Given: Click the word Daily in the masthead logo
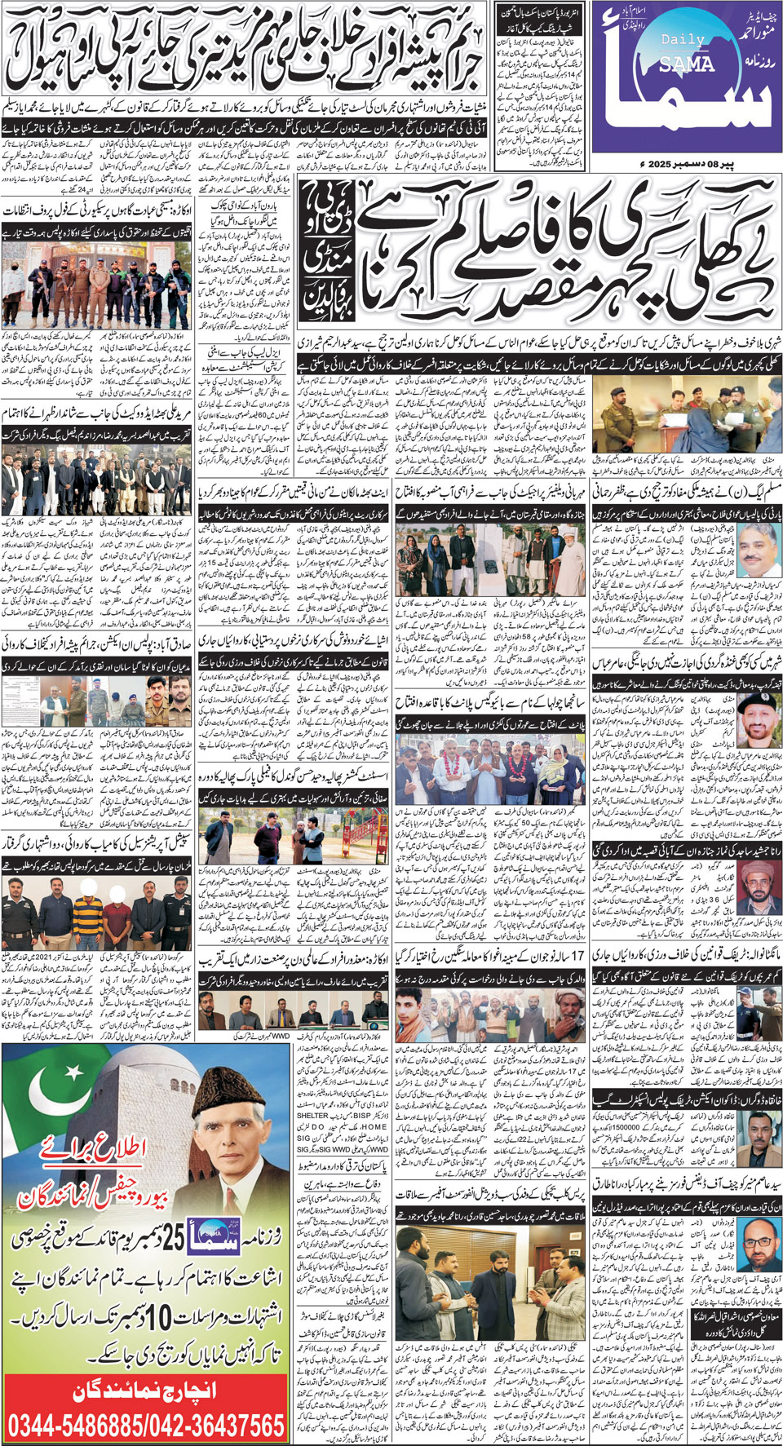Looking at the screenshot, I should point(677,39).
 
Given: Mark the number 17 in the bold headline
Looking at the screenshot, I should point(577,955).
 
